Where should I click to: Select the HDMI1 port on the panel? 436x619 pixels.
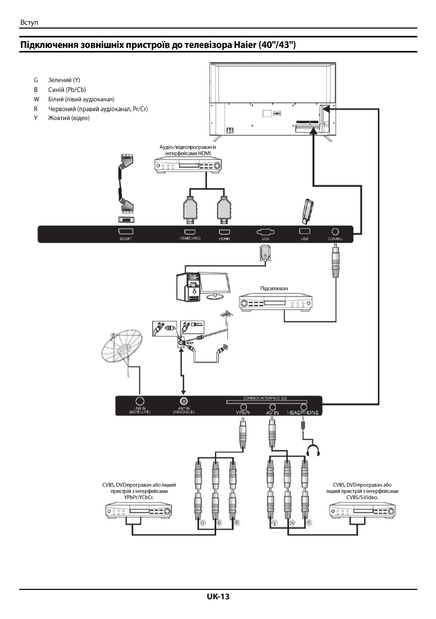point(224,233)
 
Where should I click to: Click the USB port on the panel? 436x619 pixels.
point(305,232)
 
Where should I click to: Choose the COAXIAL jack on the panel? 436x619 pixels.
point(335,232)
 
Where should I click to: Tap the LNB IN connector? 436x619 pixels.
point(139,401)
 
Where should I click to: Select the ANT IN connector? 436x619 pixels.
point(183,401)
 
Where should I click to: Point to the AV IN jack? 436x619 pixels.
point(271,407)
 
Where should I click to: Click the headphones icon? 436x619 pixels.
point(312,450)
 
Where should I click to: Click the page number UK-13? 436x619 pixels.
point(218,597)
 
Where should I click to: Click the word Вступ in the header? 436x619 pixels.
point(29,23)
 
